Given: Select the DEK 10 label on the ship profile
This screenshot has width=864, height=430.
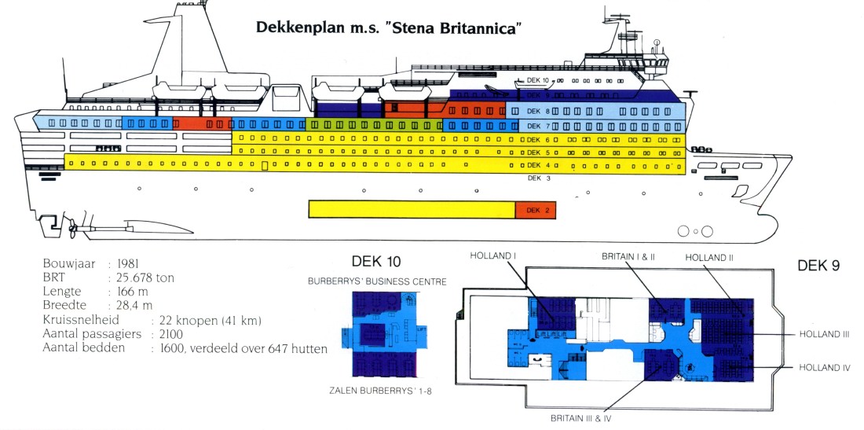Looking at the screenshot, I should click(x=537, y=81).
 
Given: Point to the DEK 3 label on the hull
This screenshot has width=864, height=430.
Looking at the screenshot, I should click(x=533, y=178).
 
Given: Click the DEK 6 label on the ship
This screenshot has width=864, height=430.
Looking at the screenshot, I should click(x=533, y=139).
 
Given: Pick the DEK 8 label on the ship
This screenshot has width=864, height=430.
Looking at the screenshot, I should click(x=533, y=112).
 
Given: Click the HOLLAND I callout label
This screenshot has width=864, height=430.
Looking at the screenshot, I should click(x=492, y=256).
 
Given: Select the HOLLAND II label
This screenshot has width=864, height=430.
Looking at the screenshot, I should click(x=708, y=257).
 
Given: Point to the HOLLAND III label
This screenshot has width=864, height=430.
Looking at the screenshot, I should click(x=824, y=334).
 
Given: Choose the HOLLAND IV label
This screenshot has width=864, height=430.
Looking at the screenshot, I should click(x=824, y=367).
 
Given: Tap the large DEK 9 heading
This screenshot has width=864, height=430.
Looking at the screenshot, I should click(x=818, y=266).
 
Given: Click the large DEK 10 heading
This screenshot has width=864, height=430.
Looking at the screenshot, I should click(x=378, y=262).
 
